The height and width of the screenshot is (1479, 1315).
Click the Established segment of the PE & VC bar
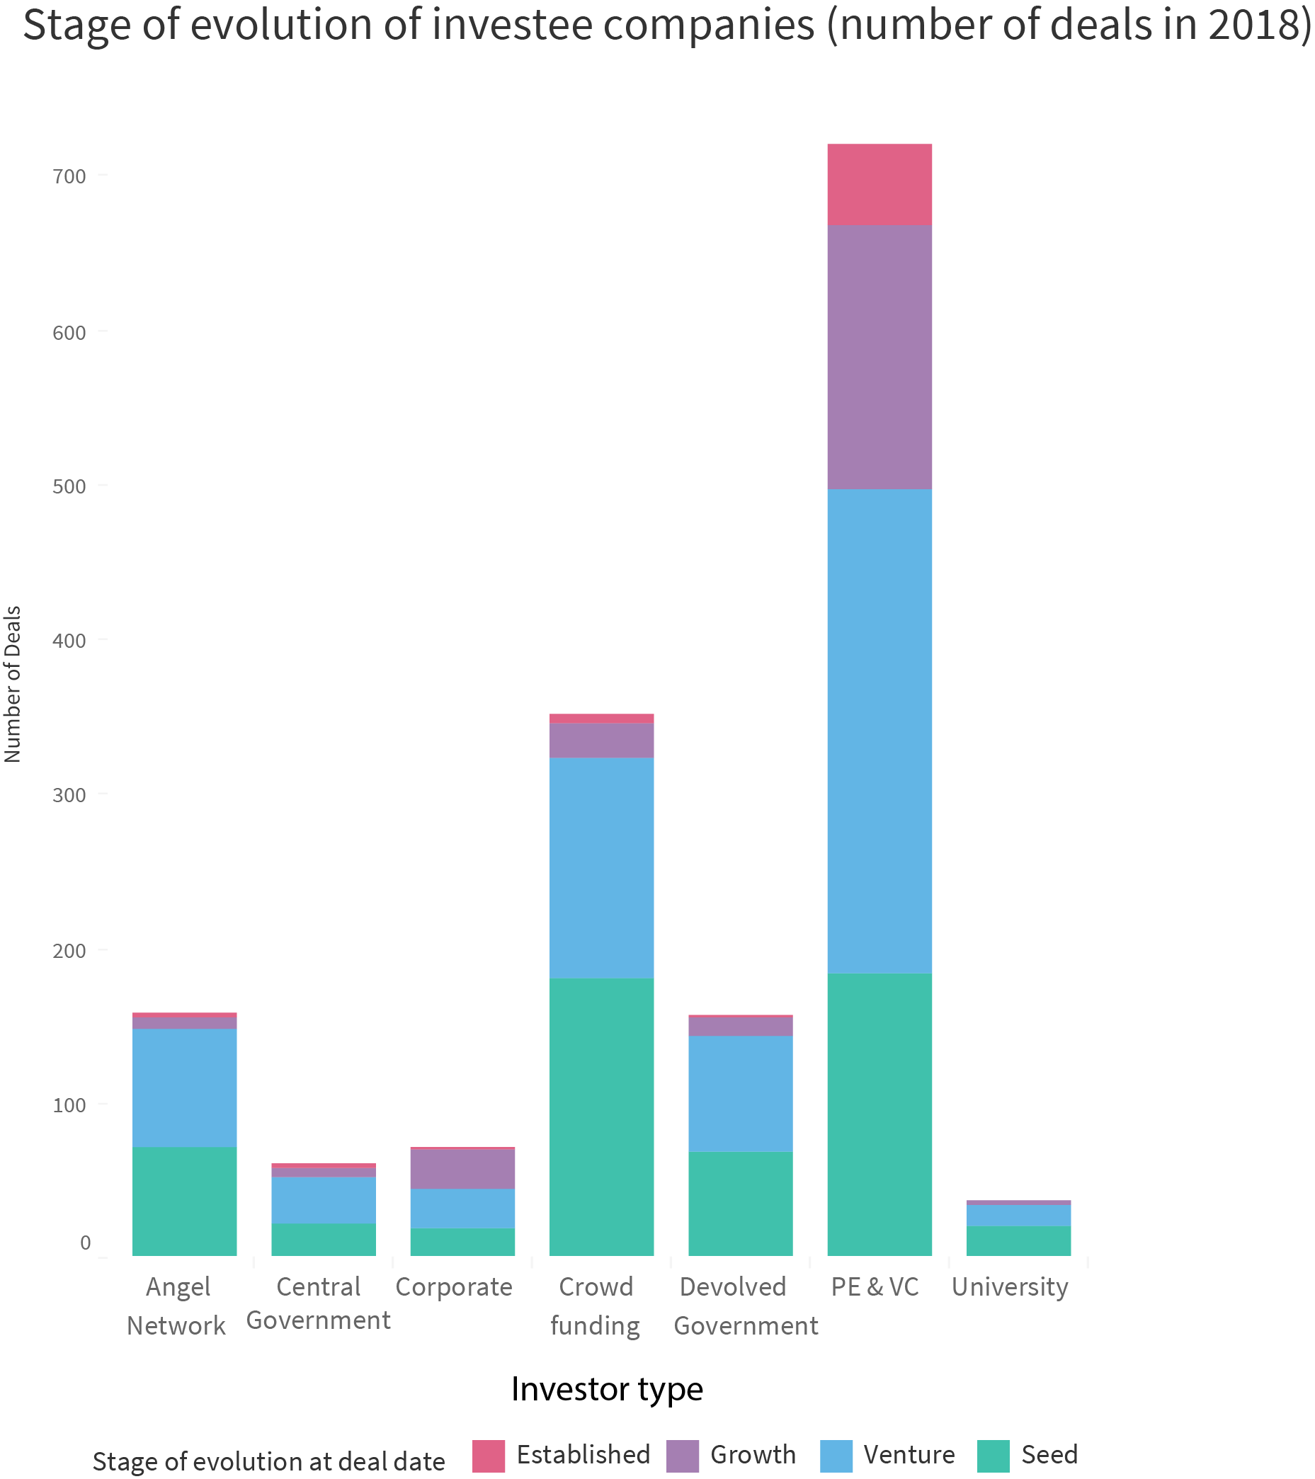879,185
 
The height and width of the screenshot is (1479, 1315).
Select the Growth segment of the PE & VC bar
879,357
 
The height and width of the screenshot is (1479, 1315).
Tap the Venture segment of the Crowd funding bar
600,867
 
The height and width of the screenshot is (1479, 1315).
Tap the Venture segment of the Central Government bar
323,1201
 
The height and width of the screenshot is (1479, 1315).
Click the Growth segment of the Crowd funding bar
600,741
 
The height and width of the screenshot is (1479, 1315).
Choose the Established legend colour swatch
489,1455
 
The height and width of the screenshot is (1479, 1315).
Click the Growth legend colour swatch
682,1455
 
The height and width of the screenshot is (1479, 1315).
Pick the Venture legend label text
909,1454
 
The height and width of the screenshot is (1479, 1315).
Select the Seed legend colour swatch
993,1455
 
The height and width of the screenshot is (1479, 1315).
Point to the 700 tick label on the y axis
69,176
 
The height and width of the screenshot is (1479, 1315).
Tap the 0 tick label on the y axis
86,1243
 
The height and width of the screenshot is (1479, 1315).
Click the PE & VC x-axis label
875,1287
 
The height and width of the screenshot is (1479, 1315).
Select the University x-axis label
1010,1287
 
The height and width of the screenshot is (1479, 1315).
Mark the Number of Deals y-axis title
13,684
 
